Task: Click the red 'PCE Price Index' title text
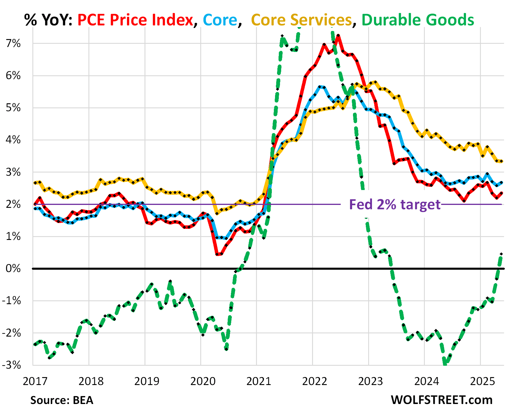[x=135, y=20]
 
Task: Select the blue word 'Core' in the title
[x=220, y=20]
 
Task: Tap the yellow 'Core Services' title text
[x=301, y=20]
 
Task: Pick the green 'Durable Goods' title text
[x=418, y=20]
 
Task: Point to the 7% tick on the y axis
[x=13, y=43]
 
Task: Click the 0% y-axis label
[x=13, y=268]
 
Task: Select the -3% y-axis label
[x=12, y=365]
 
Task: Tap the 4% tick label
[x=13, y=140]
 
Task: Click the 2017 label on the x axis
[x=35, y=381]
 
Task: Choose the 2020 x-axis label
[x=203, y=381]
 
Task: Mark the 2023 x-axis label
[x=370, y=381]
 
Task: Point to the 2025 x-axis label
[x=482, y=381]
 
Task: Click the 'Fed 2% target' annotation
[x=395, y=204]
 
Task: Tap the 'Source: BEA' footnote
[x=62, y=400]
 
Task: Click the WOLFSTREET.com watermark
[x=441, y=400]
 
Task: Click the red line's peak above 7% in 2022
[x=338, y=36]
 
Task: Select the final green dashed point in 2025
[x=501, y=254]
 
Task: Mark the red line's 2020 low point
[x=218, y=255]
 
